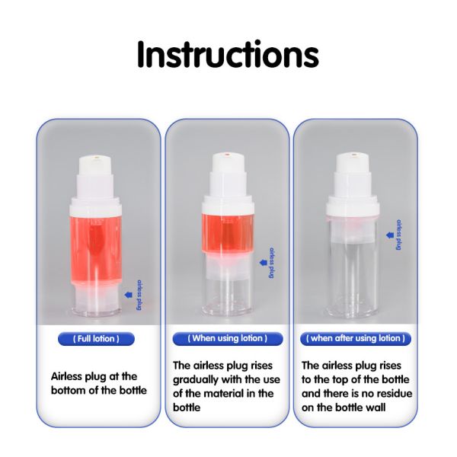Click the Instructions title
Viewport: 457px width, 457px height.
coord(228,55)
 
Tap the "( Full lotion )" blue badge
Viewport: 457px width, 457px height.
coord(96,339)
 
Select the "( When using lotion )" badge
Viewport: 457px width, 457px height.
coord(228,338)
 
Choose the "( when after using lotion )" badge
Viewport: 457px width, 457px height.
coord(356,338)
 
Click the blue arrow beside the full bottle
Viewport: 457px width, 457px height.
coord(128,295)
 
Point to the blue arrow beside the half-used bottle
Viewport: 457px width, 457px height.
coord(264,263)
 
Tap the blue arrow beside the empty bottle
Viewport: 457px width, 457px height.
coord(390,235)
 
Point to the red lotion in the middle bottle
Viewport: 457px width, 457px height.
coord(228,232)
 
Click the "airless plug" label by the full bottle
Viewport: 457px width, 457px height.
coord(140,296)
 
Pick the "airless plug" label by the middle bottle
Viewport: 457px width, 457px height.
coord(272,264)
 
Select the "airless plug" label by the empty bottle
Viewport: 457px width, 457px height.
coord(398,235)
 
